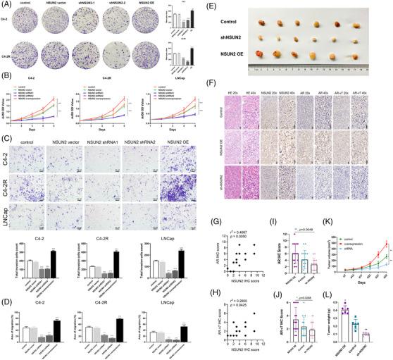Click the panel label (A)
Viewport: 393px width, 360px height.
point(6,5)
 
